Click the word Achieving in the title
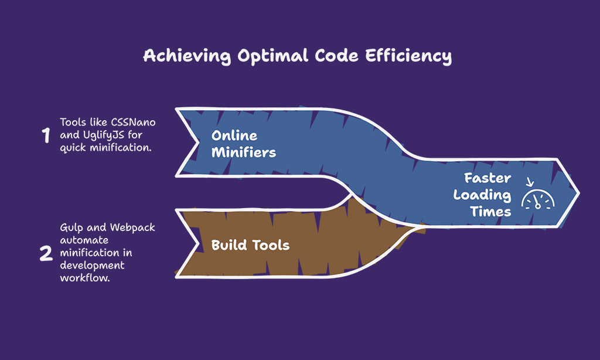pos(187,56)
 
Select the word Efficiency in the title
pos(408,56)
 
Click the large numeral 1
pos(46,135)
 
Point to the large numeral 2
pos(46,253)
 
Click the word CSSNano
pos(133,122)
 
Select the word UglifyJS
pos(103,135)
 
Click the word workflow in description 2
pos(84,278)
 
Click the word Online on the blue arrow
pos(234,135)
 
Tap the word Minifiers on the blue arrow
pos(244,152)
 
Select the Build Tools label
pos(250,245)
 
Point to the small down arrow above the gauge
pos(530,182)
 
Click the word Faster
pos(487,178)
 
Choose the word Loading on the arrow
pos(482,195)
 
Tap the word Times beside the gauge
pos(490,212)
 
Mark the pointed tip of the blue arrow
pos(579,193)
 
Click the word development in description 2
pos(92,266)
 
